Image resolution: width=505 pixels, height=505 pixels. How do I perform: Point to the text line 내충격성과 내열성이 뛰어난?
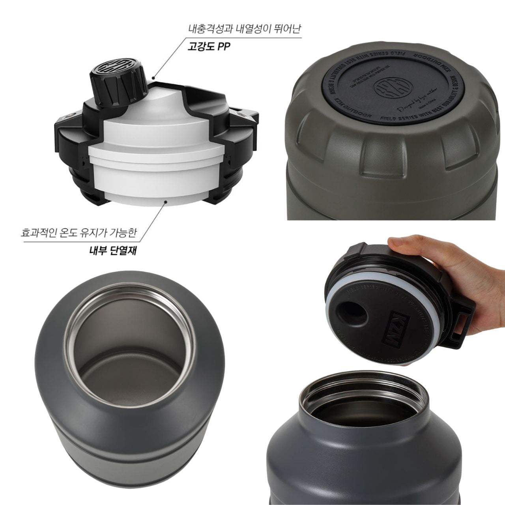click(x=244, y=29)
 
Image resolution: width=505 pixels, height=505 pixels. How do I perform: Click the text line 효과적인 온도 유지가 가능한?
click(x=79, y=233)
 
